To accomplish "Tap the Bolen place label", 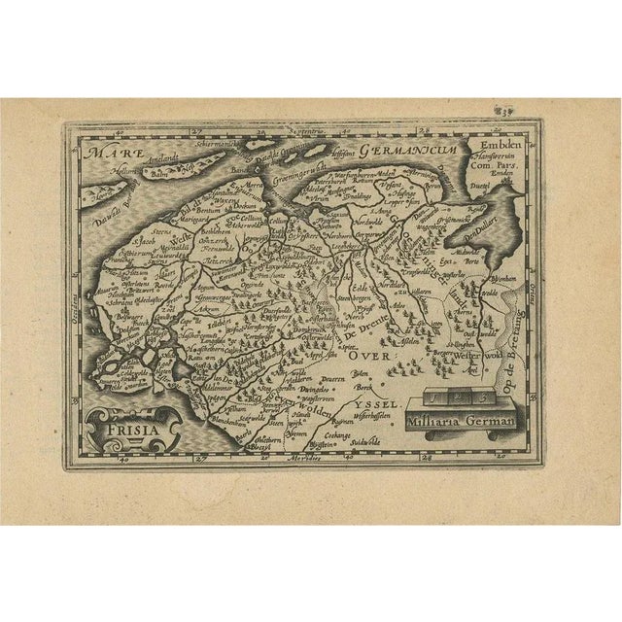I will [364, 374].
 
